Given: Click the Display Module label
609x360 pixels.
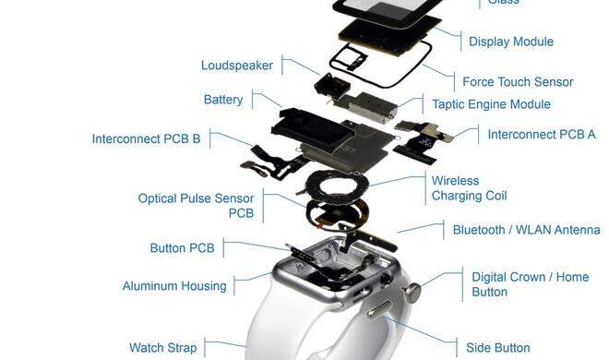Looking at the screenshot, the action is point(510,42).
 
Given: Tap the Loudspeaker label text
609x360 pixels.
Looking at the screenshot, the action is point(237,66).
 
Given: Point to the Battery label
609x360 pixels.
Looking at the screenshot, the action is point(223,100).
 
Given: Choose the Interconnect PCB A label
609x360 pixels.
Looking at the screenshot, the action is point(542,135).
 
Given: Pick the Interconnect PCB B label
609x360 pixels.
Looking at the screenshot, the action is point(146,139).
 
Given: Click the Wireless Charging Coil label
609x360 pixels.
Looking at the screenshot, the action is point(469,188).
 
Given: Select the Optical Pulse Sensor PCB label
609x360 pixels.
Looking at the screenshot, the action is point(196,206).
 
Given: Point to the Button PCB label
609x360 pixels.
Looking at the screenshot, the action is point(182,248).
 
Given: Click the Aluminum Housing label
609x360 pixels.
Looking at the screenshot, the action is point(174,286).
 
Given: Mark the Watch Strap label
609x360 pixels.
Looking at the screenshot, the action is point(162,348).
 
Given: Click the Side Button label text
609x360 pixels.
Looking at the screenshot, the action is point(497,348).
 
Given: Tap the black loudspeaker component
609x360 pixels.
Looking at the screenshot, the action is point(327,86).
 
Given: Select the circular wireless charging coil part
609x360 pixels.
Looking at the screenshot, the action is point(336,184).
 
